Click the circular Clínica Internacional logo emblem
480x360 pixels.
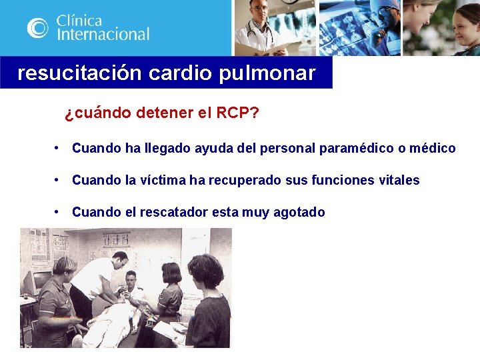(x=37, y=27)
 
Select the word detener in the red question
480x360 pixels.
(x=165, y=113)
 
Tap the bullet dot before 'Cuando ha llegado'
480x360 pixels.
(x=59, y=148)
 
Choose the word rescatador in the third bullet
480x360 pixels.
(x=175, y=212)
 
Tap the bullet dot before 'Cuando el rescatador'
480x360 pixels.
(x=59, y=212)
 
